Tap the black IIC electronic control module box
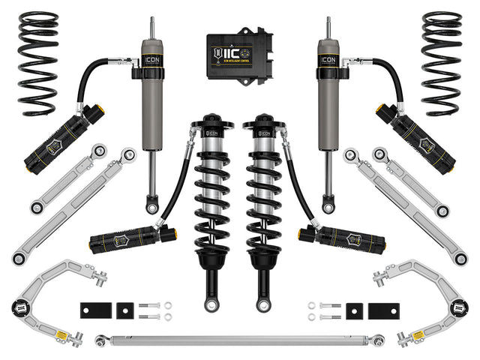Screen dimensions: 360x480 click(240, 52)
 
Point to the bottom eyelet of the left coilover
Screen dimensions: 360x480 click(218, 304)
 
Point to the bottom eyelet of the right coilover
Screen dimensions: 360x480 click(262, 304)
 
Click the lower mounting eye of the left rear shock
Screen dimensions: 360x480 click(152, 204)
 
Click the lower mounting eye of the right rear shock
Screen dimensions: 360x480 click(328, 204)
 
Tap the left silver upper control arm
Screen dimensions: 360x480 click(52, 289)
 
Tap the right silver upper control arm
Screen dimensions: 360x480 click(427, 289)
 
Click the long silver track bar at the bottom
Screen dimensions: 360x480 click(240, 340)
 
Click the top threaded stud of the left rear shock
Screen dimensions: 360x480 click(152, 26)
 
